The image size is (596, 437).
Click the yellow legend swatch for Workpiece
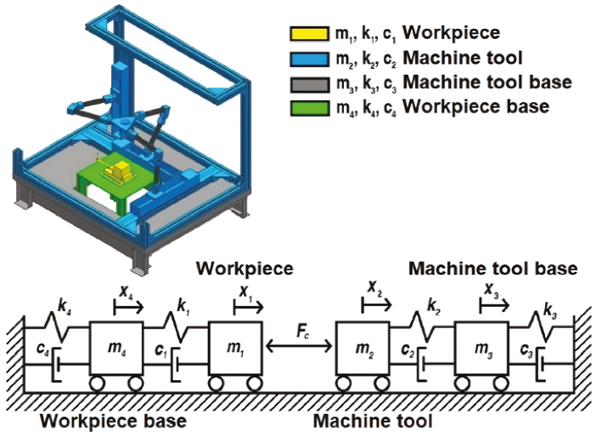coord(309,33)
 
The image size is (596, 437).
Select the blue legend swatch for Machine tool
coord(309,59)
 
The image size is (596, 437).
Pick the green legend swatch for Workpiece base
coord(309,108)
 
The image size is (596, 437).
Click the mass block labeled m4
coord(116,349)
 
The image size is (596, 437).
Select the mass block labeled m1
coord(235,349)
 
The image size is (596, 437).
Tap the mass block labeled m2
coord(363,349)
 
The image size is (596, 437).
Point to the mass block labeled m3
coord(482,349)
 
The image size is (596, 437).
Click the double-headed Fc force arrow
coord(299,346)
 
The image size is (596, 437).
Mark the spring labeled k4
coord(57,326)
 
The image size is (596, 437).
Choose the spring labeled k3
coord(542,326)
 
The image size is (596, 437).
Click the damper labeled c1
coord(176,364)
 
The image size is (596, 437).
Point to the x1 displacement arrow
coord(248,307)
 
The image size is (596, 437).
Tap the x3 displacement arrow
coord(494,305)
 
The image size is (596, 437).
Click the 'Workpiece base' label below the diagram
coord(113,422)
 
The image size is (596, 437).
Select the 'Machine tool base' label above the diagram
coord(492,269)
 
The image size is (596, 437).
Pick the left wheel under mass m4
coord(98,383)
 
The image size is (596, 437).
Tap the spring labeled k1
coord(177,326)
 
